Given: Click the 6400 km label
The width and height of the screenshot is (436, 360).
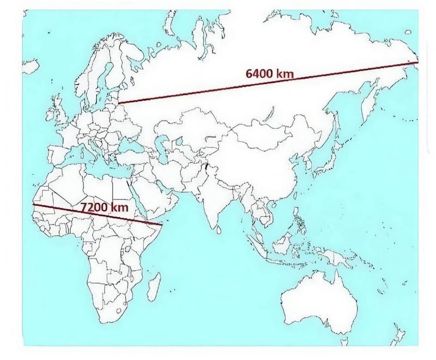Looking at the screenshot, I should click(x=270, y=74).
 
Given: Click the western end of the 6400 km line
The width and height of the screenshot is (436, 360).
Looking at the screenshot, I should click(x=119, y=101).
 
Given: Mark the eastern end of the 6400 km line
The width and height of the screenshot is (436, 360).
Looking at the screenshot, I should click(x=416, y=63).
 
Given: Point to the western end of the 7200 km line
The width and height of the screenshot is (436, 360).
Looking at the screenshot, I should click(x=33, y=204).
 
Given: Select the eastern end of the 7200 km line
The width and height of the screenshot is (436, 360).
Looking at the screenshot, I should click(x=162, y=224).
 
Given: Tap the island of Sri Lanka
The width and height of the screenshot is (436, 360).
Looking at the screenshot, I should click(x=218, y=230).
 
